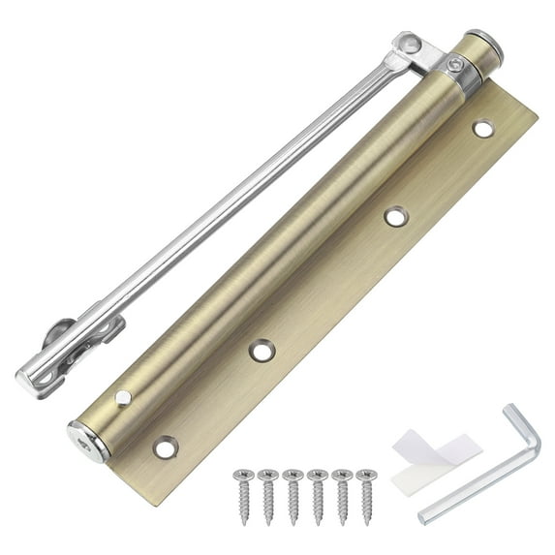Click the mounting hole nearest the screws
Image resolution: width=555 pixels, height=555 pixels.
[x=166, y=447]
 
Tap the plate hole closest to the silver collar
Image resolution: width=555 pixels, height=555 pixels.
[x=482, y=127]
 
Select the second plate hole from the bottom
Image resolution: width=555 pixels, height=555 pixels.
[x=262, y=350]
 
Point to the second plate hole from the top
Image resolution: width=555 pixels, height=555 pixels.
[x=395, y=216]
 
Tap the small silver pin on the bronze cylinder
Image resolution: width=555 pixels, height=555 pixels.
[x=122, y=397]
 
